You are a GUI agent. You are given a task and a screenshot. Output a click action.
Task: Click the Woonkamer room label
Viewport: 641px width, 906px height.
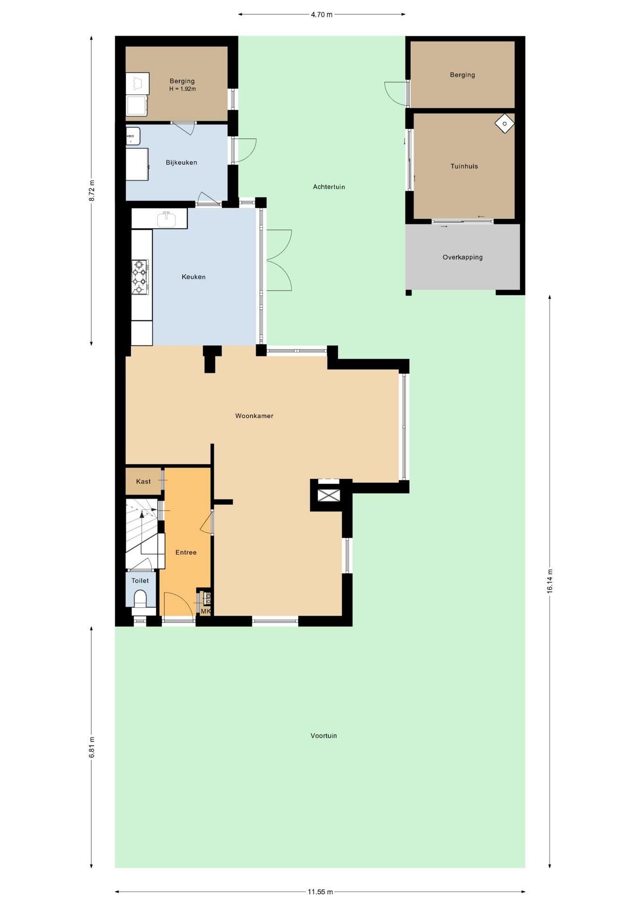pyautogui.click(x=254, y=416)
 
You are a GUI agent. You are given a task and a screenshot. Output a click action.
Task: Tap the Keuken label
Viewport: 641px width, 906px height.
pyautogui.click(x=194, y=277)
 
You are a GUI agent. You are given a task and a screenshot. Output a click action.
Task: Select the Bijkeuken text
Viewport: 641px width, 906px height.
pyautogui.click(x=181, y=162)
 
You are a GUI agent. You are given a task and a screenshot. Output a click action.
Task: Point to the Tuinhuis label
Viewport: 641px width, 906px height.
pyautogui.click(x=464, y=166)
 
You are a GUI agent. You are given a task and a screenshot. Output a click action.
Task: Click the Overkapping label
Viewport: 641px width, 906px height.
pyautogui.click(x=463, y=257)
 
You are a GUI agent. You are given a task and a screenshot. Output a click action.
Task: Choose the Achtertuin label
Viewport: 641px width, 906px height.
pyautogui.click(x=329, y=187)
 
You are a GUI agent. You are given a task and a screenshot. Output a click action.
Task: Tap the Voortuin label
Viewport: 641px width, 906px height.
pyautogui.click(x=324, y=736)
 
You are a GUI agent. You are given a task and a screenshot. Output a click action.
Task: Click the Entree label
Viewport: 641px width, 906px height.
pyautogui.click(x=186, y=552)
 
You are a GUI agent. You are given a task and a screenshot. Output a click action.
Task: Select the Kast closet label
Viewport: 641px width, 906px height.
pyautogui.click(x=143, y=481)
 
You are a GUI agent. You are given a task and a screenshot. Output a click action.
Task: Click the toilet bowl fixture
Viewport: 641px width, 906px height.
pyautogui.click(x=141, y=600)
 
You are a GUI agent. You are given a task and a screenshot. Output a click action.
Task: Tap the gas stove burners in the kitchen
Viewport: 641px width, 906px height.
pyautogui.click(x=140, y=277)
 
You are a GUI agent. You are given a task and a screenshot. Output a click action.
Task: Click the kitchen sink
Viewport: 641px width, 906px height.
pyautogui.click(x=166, y=219)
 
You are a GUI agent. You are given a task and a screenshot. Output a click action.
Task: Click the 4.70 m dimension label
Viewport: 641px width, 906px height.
pyautogui.click(x=321, y=15)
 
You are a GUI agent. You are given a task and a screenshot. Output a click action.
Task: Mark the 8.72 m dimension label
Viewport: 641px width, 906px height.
pyautogui.click(x=92, y=191)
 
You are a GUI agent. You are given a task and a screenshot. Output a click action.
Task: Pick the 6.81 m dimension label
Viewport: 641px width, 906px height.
pyautogui.click(x=92, y=747)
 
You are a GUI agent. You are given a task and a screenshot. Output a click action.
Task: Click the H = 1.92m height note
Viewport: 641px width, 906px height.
pyautogui.click(x=183, y=89)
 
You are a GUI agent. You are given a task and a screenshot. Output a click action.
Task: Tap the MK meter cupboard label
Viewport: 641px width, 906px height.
pyautogui.click(x=205, y=611)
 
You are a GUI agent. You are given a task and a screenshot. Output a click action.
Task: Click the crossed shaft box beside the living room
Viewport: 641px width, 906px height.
pyautogui.click(x=329, y=495)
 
